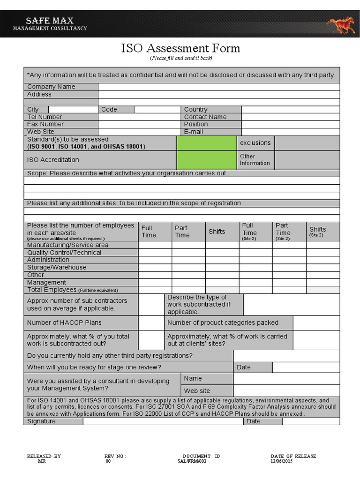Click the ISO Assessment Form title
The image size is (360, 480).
click(180, 48)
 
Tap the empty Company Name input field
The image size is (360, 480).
click(218, 87)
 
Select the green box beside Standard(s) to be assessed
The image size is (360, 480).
click(206, 143)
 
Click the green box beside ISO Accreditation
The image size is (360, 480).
click(206, 160)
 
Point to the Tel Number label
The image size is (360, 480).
click(45, 117)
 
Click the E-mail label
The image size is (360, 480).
click(194, 132)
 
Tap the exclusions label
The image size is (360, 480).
click(255, 142)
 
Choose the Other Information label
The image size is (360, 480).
click(255, 160)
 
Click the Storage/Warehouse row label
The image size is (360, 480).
click(57, 267)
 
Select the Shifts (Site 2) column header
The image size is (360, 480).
click(317, 232)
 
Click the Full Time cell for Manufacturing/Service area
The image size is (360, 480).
click(155, 245)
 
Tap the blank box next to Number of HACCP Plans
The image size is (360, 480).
click(150, 322)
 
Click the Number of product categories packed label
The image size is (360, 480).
click(223, 322)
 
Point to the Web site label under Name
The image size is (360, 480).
click(197, 390)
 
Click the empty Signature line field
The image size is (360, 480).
click(163, 421)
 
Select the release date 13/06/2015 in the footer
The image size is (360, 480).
click(282, 462)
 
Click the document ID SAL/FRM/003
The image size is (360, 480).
click(192, 462)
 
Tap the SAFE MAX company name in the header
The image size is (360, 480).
click(50, 21)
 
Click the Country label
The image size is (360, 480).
click(195, 109)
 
